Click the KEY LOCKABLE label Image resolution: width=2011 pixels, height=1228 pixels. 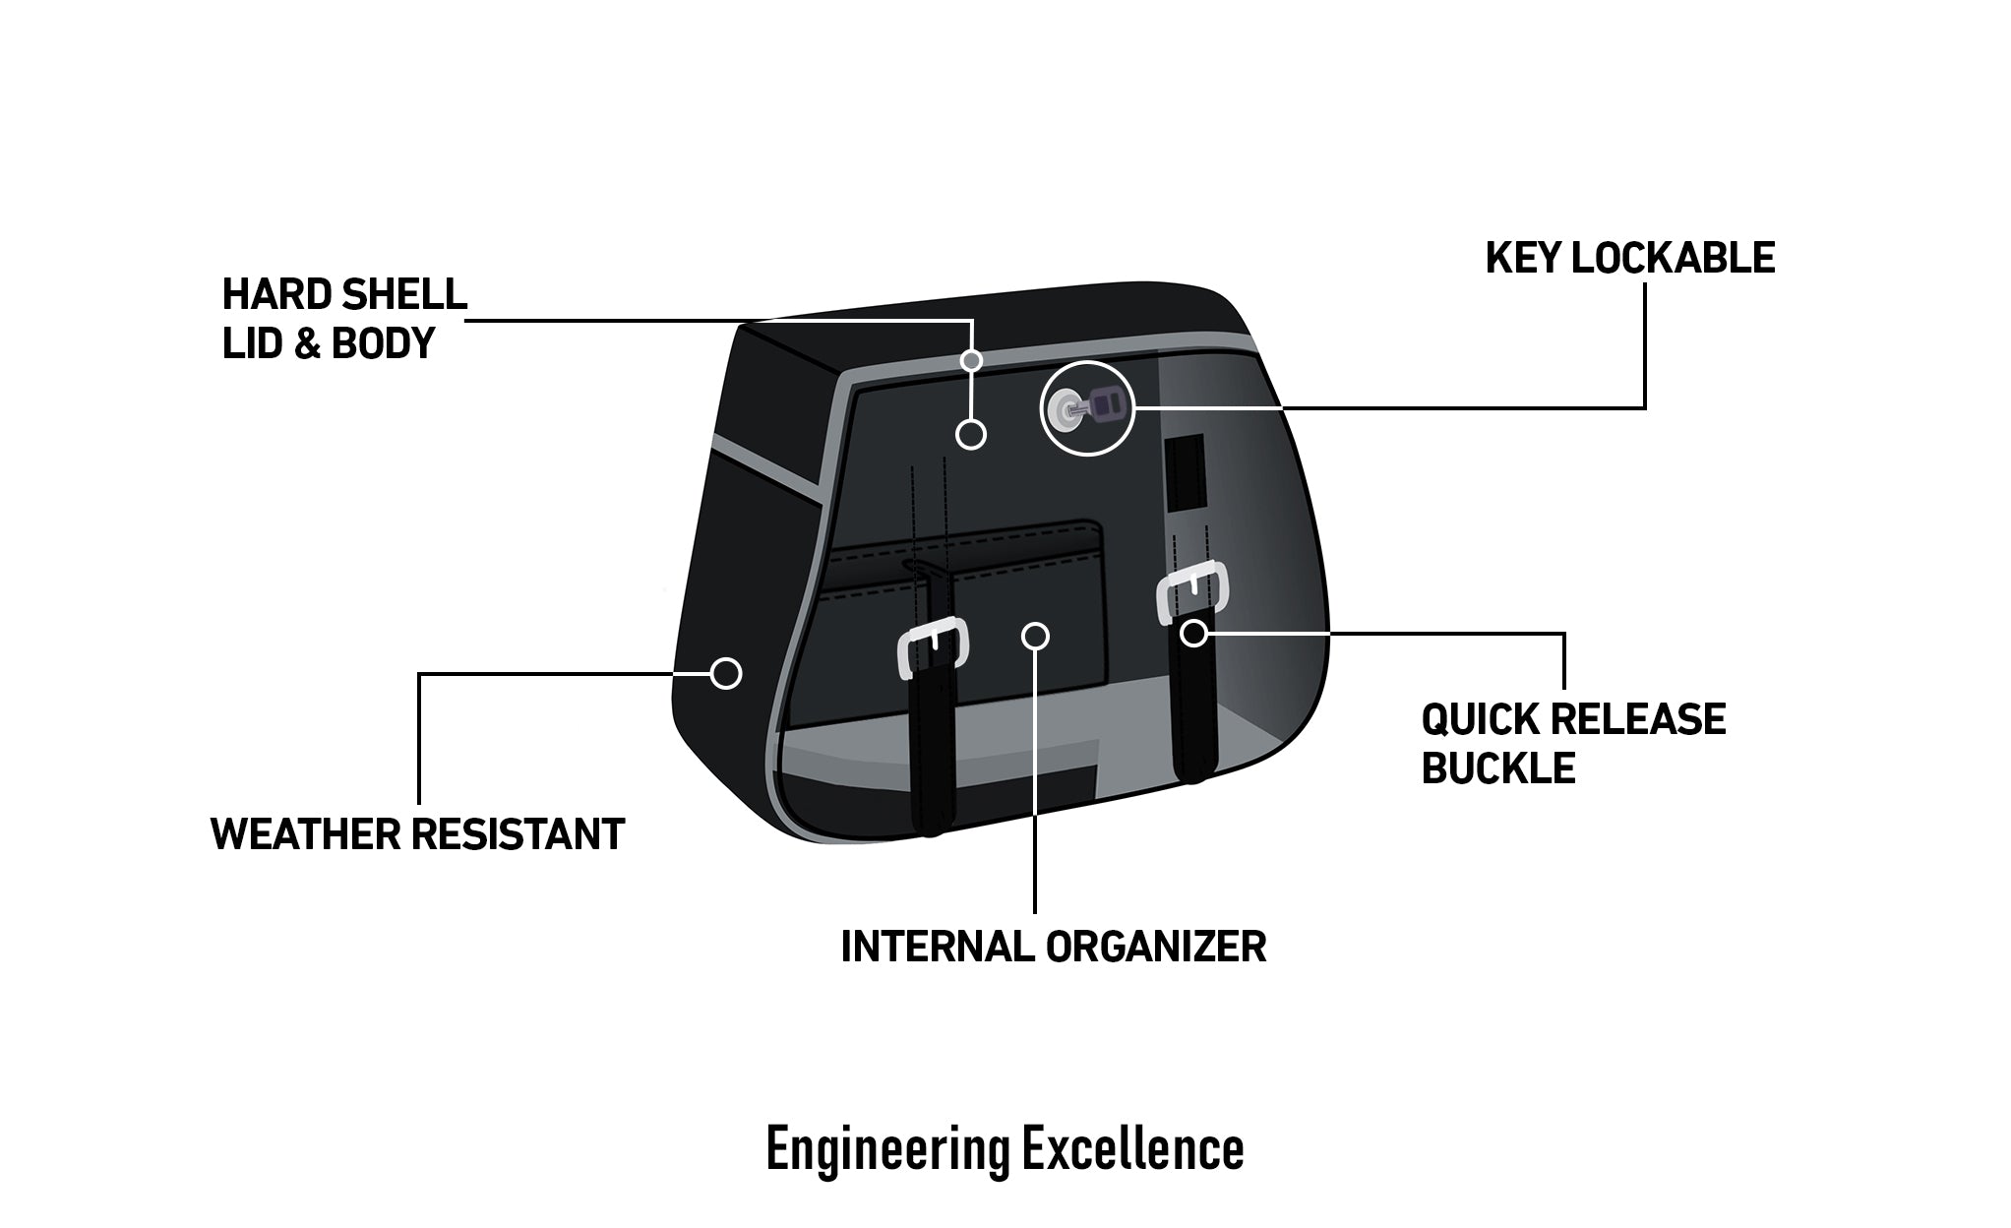pyautogui.click(x=1629, y=258)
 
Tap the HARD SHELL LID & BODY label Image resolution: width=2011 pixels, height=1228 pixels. pyautogui.click(x=344, y=319)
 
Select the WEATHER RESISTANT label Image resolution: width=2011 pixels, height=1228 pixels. pyautogui.click(x=417, y=834)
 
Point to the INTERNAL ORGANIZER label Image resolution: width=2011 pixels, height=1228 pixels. pyautogui.click(x=1053, y=947)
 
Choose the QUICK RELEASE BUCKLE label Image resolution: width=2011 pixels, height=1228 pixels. pyautogui.click(x=1572, y=744)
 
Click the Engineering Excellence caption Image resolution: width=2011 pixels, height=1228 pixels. pyautogui.click(x=1005, y=1149)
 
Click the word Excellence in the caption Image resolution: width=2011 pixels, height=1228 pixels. pyautogui.click(x=1132, y=1149)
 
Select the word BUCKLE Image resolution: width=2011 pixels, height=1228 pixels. pyautogui.click(x=1497, y=768)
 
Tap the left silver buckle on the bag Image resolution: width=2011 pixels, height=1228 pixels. pyautogui.click(x=933, y=645)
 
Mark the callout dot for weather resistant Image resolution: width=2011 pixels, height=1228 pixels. pyautogui.click(x=725, y=673)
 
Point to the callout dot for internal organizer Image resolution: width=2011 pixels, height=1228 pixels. pyautogui.click(x=1035, y=636)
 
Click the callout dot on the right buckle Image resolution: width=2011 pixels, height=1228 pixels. pyautogui.click(x=1193, y=633)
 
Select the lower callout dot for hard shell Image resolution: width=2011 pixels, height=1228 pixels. pyautogui.click(x=971, y=434)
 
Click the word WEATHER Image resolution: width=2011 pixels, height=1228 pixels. pyautogui.click(x=306, y=834)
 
